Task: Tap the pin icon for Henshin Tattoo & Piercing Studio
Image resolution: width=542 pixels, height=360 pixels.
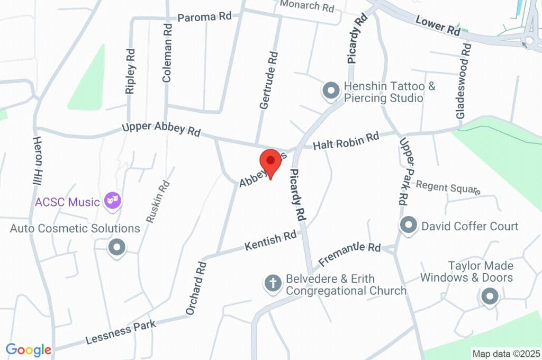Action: pos(331,91)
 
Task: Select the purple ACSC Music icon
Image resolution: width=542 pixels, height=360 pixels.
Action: pos(113,201)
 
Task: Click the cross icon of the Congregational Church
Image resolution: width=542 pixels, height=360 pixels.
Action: pos(273,283)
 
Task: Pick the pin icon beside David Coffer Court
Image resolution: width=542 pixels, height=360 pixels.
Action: pos(408,226)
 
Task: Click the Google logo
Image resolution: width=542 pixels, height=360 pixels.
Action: pos(29,350)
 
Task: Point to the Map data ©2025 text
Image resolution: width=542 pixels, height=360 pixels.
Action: pos(507,353)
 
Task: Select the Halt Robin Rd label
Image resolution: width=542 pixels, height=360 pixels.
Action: pos(346,140)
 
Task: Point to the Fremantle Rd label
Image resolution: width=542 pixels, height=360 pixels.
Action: pos(350,254)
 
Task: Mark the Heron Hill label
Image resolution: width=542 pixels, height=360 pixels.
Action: pos(37,160)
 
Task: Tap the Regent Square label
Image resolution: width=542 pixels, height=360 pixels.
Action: pos(448,187)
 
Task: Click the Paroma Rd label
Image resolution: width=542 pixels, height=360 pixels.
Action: pos(204,17)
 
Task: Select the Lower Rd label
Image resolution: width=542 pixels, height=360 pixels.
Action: pos(438,25)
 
